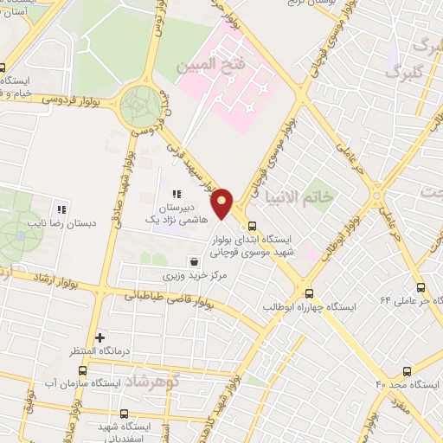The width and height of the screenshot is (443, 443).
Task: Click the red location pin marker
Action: [x=222, y=203]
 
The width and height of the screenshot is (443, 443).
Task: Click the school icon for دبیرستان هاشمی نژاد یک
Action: [x=177, y=194]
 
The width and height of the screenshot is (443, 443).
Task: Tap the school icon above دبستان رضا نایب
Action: [x=61, y=209]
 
